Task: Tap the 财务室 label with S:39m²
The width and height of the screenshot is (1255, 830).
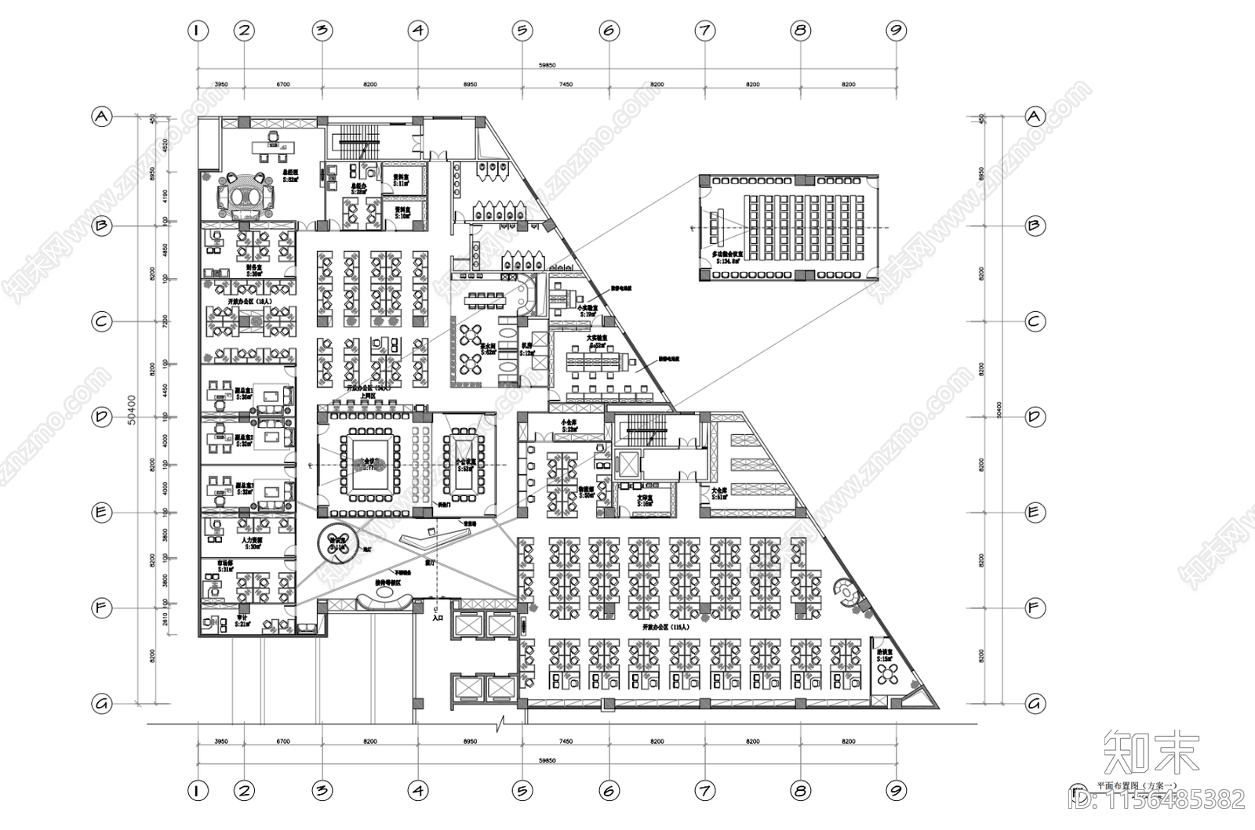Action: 253,267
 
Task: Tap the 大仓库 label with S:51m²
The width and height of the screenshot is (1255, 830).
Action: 719,493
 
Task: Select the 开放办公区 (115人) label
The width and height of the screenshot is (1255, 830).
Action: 665,628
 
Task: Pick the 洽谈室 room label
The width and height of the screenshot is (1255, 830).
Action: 885,654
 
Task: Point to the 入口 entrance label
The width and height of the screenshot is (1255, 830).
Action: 438,618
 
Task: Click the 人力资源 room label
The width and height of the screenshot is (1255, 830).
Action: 253,541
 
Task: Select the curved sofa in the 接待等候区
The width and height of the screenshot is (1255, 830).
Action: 383,602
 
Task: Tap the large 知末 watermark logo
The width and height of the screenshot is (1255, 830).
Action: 1152,752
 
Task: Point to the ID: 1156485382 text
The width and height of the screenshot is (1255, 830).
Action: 1158,800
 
